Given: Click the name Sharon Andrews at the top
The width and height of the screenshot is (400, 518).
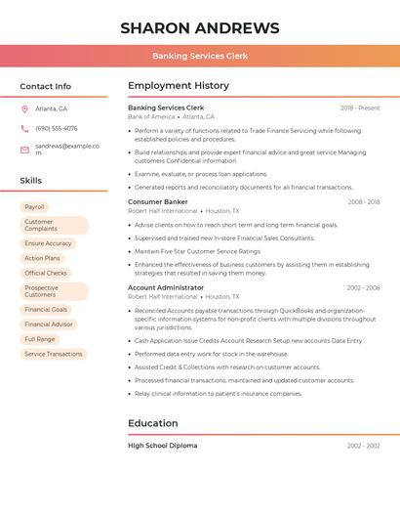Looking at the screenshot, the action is coord(200,28).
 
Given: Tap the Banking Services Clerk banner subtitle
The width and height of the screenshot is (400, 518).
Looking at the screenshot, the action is coord(200,56).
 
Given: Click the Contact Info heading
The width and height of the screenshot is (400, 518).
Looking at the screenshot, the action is coord(46,86).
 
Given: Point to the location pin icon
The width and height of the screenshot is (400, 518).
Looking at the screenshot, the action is coord(24,108).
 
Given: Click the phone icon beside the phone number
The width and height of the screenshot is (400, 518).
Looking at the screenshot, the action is coord(24,128).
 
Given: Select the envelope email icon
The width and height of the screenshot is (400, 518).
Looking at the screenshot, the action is coord(24,150).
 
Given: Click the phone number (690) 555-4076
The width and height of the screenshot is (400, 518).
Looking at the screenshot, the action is coord(57,128).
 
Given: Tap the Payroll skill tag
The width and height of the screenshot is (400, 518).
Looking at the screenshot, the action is coord(34,207).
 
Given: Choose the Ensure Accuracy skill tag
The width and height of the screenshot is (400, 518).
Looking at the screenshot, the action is coord(48,243).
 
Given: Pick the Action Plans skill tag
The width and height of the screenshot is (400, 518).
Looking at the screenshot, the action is coord(42,258).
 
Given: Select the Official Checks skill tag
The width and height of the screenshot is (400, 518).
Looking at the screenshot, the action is coord(46,273).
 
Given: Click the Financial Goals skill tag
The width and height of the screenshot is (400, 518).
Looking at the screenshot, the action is coord(46,309).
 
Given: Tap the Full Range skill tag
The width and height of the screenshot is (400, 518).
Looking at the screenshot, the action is coord(40,339).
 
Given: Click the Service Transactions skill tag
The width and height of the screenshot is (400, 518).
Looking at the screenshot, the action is coord(54,354).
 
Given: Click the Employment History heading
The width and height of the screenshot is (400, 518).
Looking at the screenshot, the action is coord(179,86).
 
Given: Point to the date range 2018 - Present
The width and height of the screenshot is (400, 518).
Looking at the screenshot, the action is coord(360,108).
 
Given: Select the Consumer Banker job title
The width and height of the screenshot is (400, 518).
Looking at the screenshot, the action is coord(158,201).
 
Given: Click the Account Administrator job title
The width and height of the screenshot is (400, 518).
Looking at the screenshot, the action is coord(166,287).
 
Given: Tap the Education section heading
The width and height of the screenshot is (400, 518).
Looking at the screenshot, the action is coord(153,423).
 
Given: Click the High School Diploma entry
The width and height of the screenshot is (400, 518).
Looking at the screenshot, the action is coord(162,446).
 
